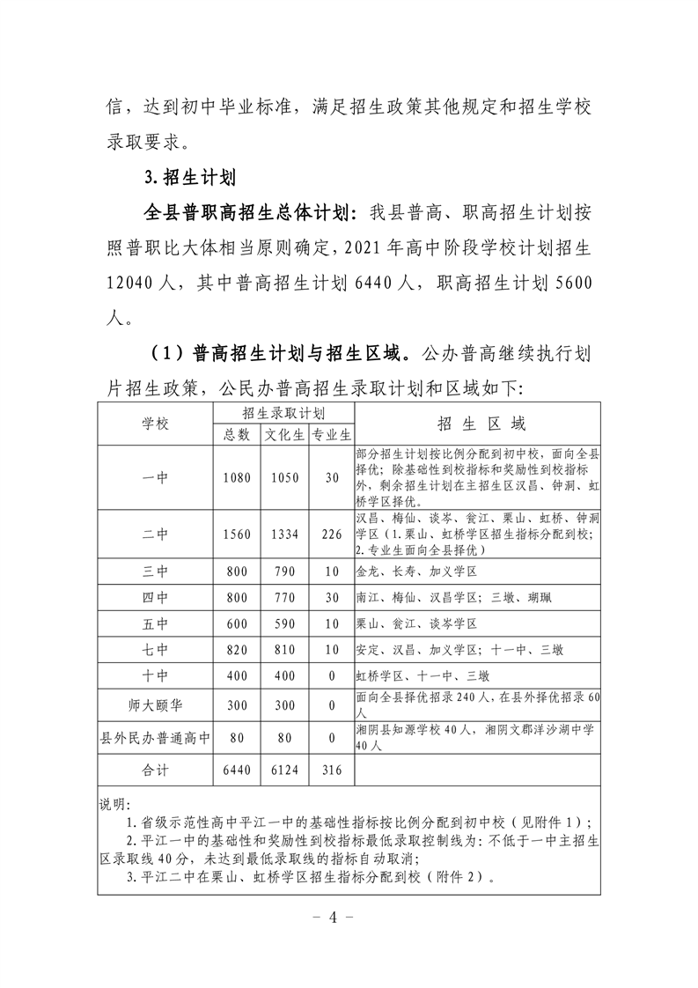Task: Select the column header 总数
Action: [x=237, y=434]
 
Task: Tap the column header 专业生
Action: [x=332, y=434]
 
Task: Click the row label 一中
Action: [x=155, y=477]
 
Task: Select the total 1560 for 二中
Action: [x=237, y=534]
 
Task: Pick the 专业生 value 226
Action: [x=332, y=534]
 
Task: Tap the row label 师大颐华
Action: [x=155, y=705]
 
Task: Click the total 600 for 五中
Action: [x=237, y=624]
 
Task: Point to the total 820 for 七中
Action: [x=237, y=651]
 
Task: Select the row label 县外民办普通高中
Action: [x=155, y=738]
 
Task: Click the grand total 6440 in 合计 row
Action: [x=237, y=770]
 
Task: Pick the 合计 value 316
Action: [x=332, y=770]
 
